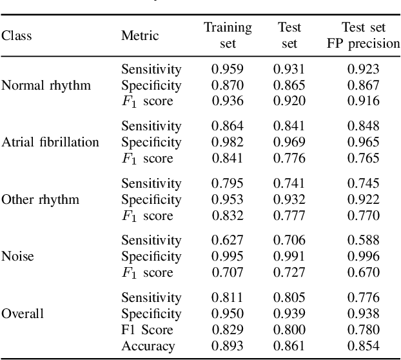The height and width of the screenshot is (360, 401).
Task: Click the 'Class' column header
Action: click(x=17, y=36)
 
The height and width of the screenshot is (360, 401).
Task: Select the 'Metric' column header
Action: click(x=139, y=36)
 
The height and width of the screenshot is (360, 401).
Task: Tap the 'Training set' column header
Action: click(x=228, y=35)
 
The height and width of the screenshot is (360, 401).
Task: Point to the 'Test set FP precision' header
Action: click(x=364, y=35)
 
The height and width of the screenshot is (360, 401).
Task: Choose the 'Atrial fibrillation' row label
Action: click(x=50, y=142)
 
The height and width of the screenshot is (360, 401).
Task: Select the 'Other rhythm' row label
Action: click(x=40, y=199)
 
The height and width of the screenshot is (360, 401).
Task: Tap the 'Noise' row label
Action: click(x=17, y=256)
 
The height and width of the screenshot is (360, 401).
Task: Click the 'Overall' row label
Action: click(x=23, y=314)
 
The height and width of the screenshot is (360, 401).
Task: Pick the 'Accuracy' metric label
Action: click(x=148, y=346)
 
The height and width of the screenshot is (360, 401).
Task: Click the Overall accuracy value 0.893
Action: click(x=228, y=346)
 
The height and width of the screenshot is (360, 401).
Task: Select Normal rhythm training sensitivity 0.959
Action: click(x=228, y=68)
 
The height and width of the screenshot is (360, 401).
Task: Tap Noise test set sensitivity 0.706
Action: click(x=289, y=240)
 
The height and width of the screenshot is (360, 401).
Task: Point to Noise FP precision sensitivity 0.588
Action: click(x=364, y=240)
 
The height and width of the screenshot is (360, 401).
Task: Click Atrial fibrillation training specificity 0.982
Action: click(x=228, y=142)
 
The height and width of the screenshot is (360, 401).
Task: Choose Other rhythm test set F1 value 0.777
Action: click(x=289, y=215)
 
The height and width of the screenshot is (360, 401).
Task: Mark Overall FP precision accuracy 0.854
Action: click(x=364, y=346)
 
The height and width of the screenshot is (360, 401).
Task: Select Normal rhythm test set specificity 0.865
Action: click(x=289, y=85)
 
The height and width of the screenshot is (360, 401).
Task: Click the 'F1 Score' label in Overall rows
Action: click(x=148, y=330)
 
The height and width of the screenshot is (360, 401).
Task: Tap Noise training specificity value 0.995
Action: click(x=228, y=256)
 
